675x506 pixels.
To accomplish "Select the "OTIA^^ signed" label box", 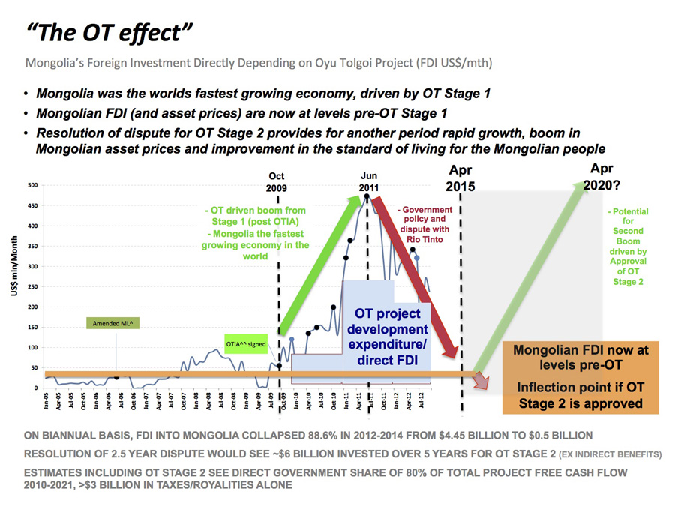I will [x=245, y=344].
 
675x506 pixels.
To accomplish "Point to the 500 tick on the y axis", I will [x=32, y=185].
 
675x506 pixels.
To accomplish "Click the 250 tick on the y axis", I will [x=32, y=286].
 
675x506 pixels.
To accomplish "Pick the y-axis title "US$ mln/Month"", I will [x=14, y=266].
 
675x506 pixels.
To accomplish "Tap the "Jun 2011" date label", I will [x=367, y=182].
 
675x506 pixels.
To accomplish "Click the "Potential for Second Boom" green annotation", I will [x=628, y=247].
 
